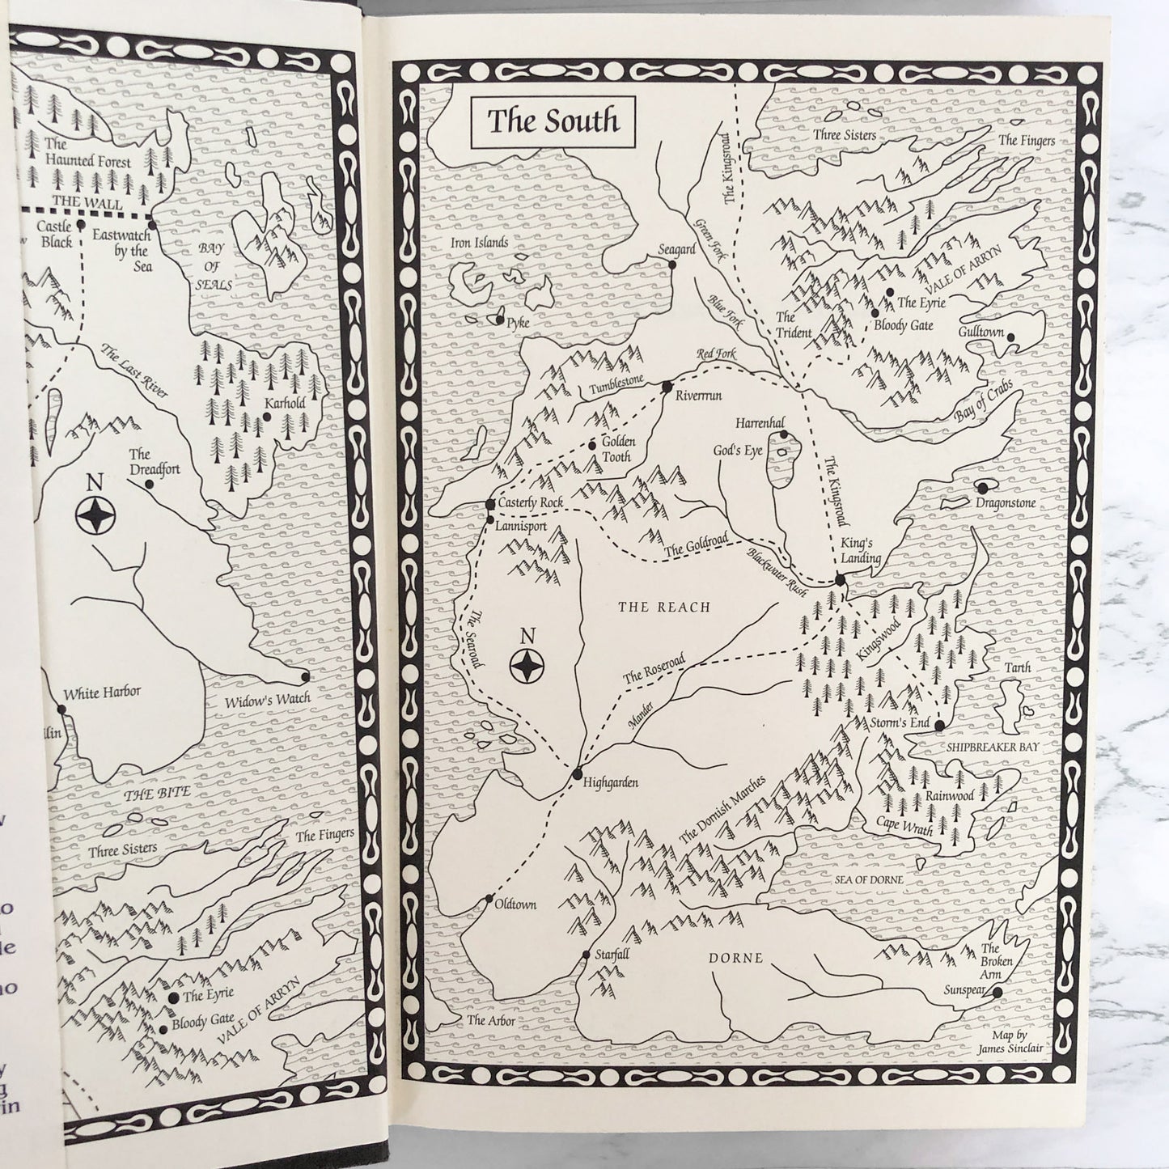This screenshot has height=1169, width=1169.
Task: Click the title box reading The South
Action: [x=553, y=121]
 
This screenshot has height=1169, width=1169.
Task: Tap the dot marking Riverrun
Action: [x=667, y=387]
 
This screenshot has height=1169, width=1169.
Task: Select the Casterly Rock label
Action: [x=531, y=504]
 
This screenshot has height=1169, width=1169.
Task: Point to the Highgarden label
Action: [x=612, y=783]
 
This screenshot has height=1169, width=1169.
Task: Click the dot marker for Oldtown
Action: [x=489, y=898]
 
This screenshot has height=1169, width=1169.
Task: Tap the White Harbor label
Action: [x=102, y=693]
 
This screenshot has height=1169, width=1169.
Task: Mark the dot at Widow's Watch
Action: [x=305, y=676]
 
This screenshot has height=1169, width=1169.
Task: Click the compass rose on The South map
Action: [x=527, y=666]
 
